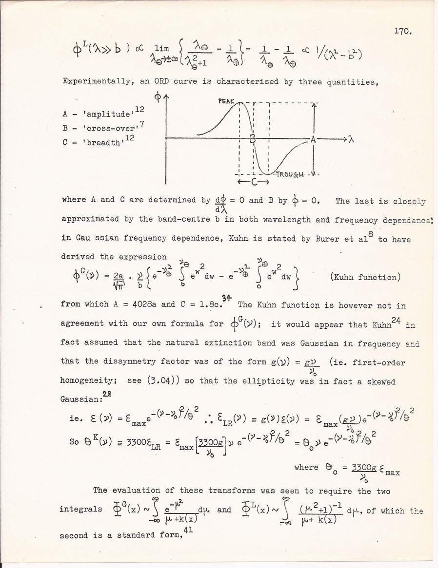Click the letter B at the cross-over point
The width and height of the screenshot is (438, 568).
[x=253, y=139]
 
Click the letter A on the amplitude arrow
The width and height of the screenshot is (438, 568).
[x=314, y=139]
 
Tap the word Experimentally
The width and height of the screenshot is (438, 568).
[x=97, y=81]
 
